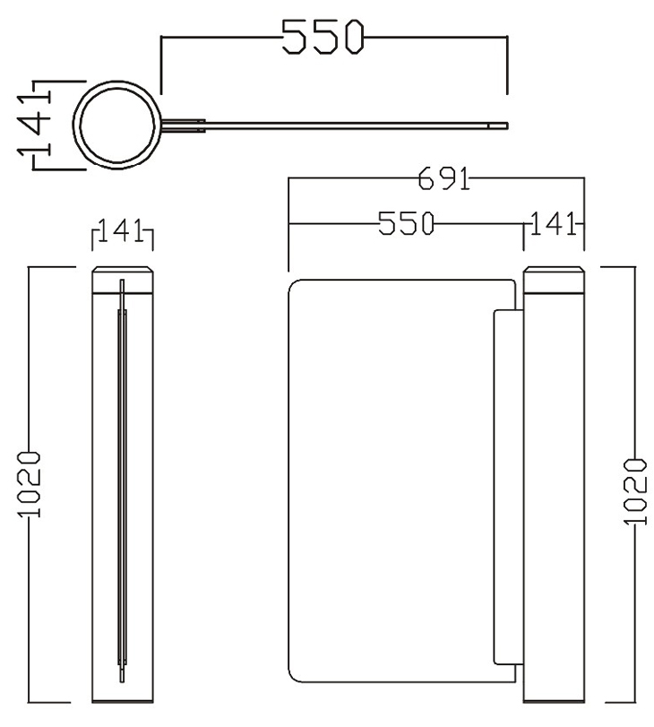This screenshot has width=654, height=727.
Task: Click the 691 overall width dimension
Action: click(x=443, y=180)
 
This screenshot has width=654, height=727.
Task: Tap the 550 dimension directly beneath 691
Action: click(x=405, y=224)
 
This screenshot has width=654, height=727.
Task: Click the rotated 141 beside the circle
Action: click(x=35, y=124)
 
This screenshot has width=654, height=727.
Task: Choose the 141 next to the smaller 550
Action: click(x=552, y=224)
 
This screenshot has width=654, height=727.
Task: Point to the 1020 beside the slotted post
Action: click(x=30, y=484)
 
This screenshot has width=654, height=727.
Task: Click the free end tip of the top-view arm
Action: click(x=505, y=125)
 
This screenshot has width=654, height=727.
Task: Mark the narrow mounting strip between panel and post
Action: click(x=506, y=489)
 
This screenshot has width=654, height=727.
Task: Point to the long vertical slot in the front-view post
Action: click(x=123, y=484)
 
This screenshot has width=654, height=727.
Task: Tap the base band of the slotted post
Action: click(x=123, y=697)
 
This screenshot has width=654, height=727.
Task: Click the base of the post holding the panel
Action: click(x=553, y=697)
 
